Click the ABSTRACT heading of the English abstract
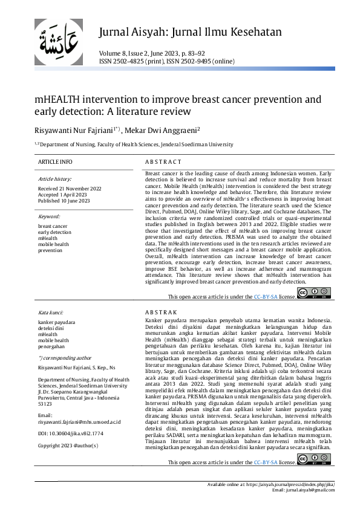click(x=163, y=162)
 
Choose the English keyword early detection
click(x=54, y=232)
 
